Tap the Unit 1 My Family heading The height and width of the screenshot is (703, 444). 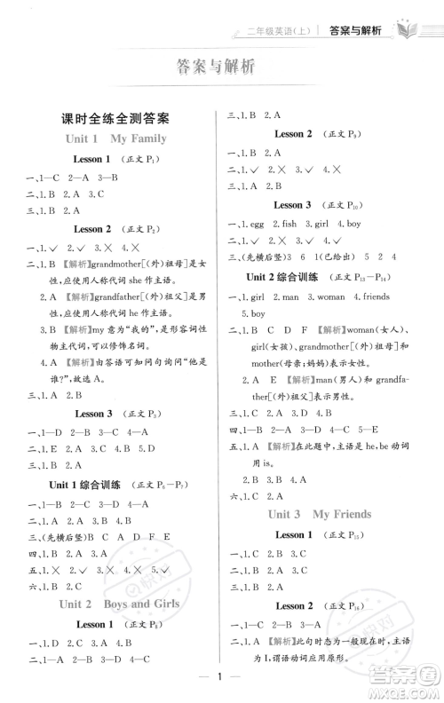coord(115,138)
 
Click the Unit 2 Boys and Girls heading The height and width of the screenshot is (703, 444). coord(118,604)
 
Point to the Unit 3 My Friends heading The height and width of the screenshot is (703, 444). coord(329,514)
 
